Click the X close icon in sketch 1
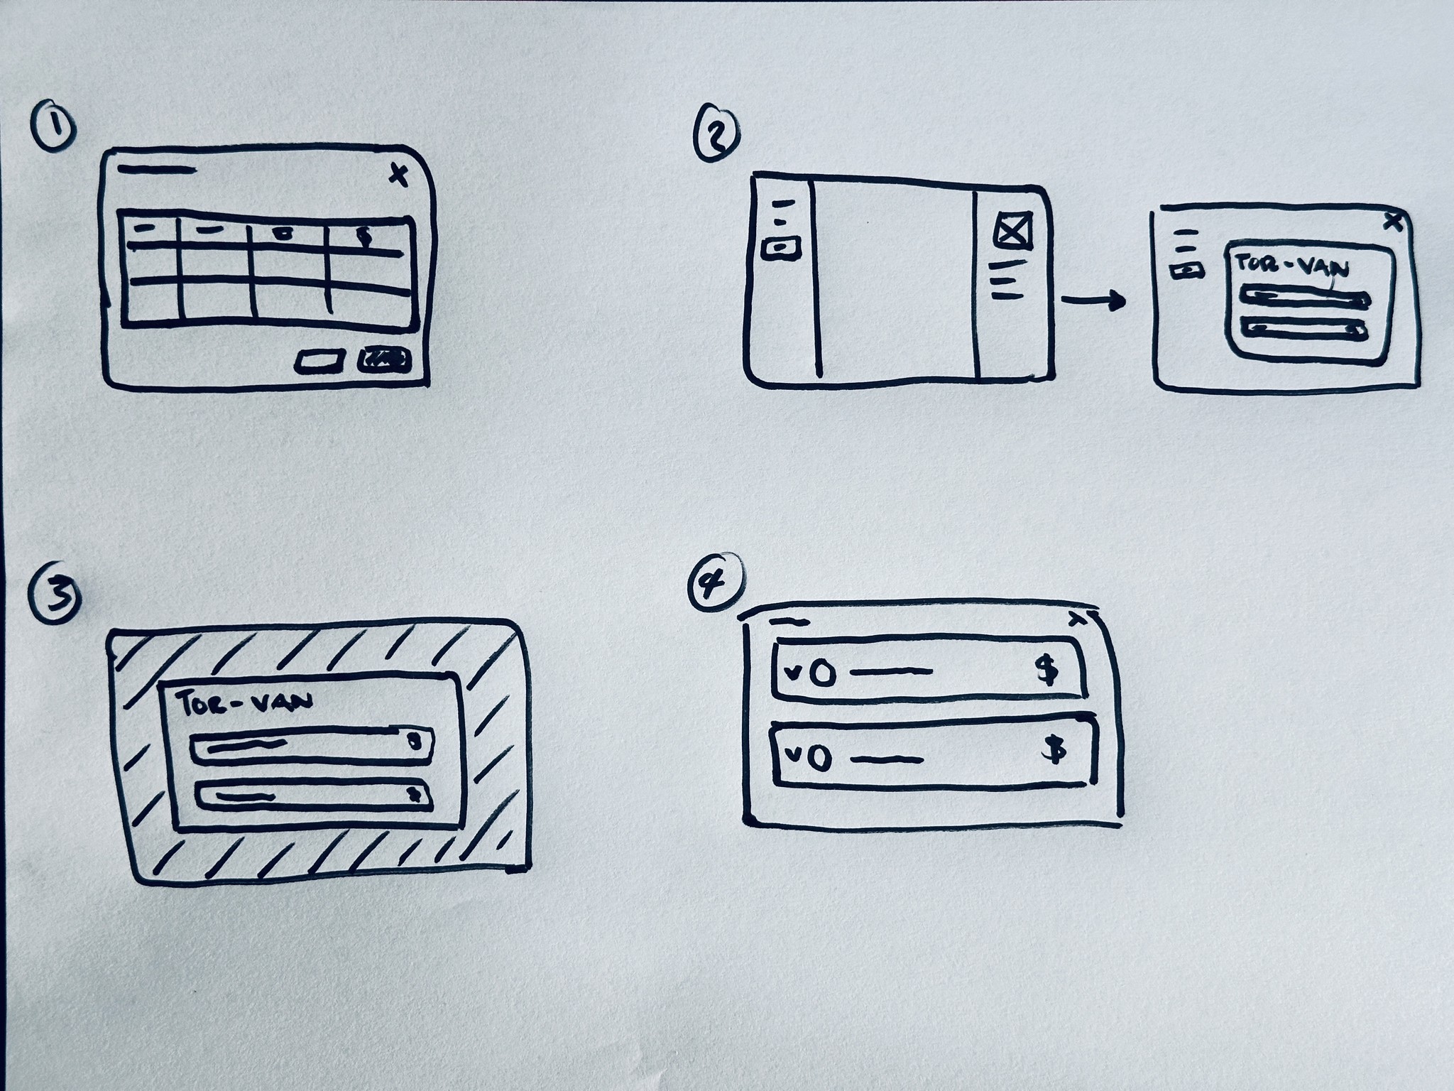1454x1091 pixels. pyautogui.click(x=400, y=175)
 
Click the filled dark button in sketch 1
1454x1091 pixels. pyautogui.click(x=384, y=360)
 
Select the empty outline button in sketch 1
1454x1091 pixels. pyautogui.click(x=319, y=362)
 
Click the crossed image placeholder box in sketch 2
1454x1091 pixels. pyautogui.click(x=1013, y=230)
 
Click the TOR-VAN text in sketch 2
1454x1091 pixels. pyautogui.click(x=1292, y=267)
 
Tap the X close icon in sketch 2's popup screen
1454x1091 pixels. pyautogui.click(x=1394, y=222)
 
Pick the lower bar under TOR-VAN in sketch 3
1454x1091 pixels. pyautogui.click(x=313, y=796)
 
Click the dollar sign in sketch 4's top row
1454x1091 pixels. pyautogui.click(x=1046, y=669)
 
